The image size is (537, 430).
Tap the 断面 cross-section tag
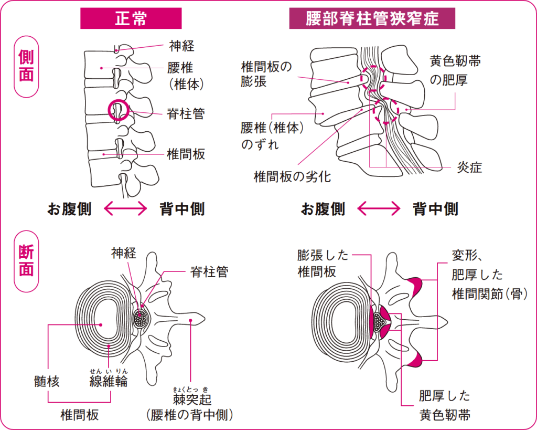pos(26,261)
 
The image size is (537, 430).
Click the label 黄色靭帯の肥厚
pos(455,71)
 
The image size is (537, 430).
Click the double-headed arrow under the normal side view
pos(126,209)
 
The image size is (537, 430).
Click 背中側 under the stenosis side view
pos(435,209)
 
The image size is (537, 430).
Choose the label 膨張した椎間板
pos(323,264)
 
